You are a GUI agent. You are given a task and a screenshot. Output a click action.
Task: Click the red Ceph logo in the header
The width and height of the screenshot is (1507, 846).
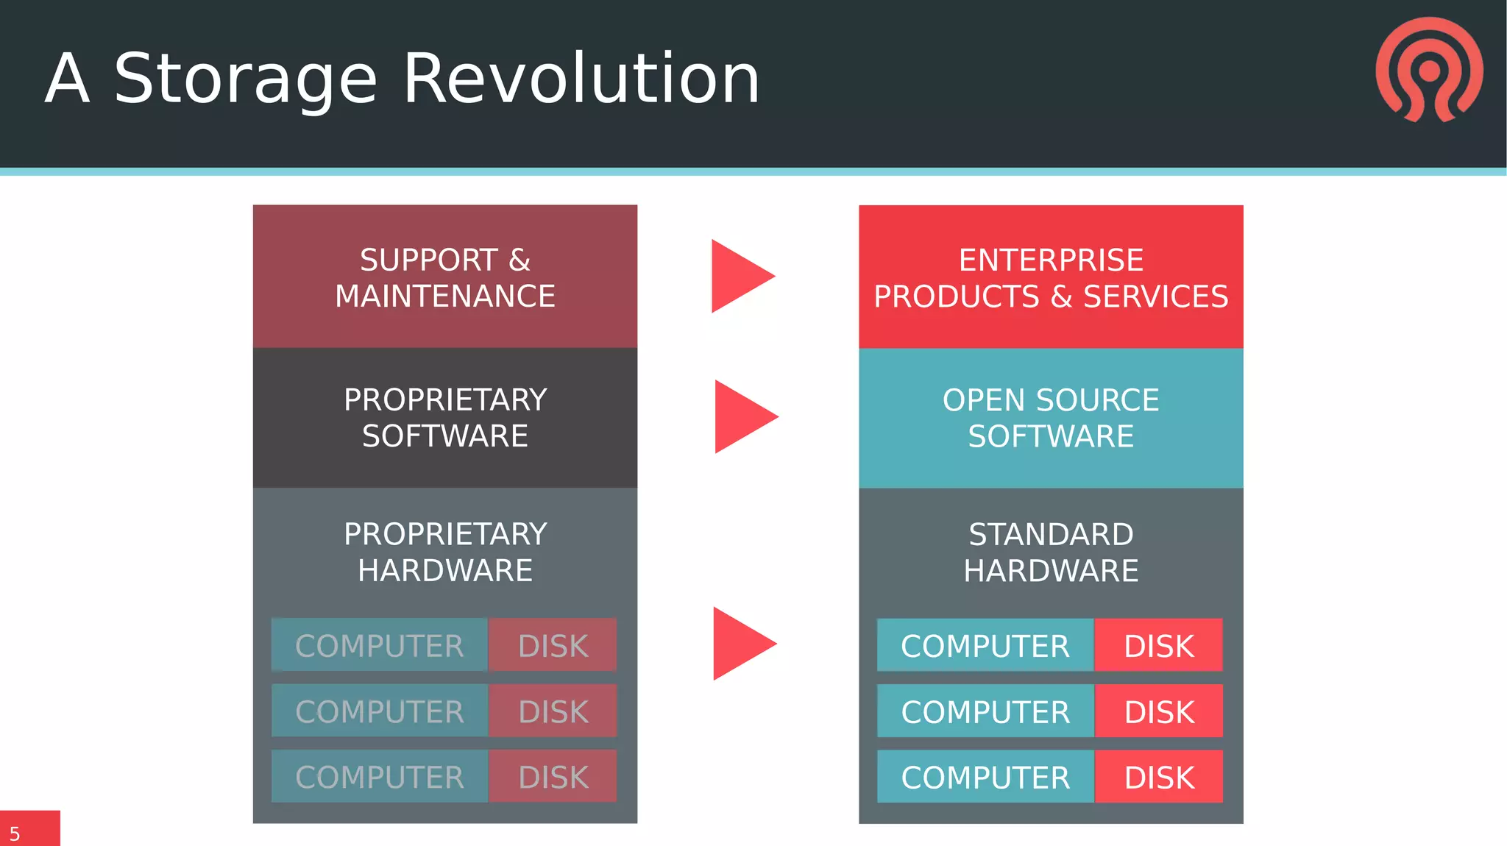point(1429,71)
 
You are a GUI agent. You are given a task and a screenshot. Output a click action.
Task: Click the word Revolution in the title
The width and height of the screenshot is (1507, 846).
point(581,79)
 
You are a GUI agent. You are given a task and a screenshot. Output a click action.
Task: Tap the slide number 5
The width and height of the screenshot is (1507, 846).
point(15,833)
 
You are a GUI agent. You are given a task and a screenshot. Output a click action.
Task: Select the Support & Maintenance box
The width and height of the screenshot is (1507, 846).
point(444,277)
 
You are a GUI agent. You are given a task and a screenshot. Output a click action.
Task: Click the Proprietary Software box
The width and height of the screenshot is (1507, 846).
point(444,418)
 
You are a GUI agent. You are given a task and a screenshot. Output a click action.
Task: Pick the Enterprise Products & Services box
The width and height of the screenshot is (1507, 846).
point(1051,277)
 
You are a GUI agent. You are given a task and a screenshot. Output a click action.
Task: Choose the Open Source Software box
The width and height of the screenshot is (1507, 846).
point(1051,418)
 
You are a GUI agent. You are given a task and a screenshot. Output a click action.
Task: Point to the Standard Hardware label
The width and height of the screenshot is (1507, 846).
point(1051,552)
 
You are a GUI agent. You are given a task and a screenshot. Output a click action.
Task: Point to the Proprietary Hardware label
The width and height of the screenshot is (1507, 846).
point(444,552)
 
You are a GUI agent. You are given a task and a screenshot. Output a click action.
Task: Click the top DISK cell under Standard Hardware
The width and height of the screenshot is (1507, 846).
point(1158,645)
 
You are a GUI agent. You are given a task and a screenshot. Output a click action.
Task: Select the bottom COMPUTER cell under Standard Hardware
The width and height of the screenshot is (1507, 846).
point(985,777)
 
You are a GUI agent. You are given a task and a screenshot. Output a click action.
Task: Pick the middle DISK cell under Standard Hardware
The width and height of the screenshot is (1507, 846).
point(1158,711)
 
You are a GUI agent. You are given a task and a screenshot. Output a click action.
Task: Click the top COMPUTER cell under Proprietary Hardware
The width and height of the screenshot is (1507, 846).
point(379,645)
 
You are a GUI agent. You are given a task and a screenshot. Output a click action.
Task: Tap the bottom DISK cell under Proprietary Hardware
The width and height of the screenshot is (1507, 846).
point(553,777)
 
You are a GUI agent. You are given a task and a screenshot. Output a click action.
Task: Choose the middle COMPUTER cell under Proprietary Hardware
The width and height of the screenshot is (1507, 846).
point(379,711)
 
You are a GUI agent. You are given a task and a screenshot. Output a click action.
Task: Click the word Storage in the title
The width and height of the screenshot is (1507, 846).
point(246,79)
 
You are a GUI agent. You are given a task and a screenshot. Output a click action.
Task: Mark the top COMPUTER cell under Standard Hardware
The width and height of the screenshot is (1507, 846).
point(985,645)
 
